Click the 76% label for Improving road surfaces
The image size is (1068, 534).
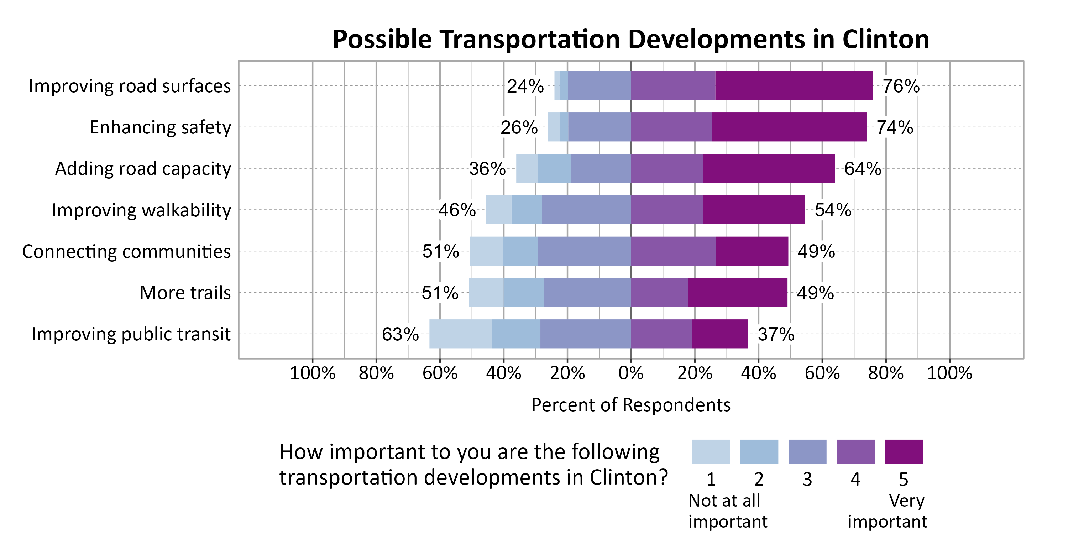coord(901,86)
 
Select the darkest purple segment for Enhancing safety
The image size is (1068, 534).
coord(789,127)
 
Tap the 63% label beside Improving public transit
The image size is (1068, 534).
coord(400,334)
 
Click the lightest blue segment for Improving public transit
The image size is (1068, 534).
coord(460,334)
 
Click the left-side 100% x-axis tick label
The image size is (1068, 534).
coord(312,373)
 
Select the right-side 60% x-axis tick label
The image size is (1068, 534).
coord(822,373)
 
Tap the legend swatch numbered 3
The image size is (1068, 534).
coord(807,452)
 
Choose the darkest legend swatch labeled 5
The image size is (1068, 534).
coord(904,452)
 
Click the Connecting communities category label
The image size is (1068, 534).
coord(126,252)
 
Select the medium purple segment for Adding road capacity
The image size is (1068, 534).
coord(667,168)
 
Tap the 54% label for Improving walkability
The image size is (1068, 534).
coord(833,210)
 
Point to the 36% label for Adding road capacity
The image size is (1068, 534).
coord(487,169)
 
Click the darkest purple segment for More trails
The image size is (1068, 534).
coord(737,292)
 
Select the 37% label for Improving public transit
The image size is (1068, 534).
coord(776,334)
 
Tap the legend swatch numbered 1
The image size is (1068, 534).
coord(711,452)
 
